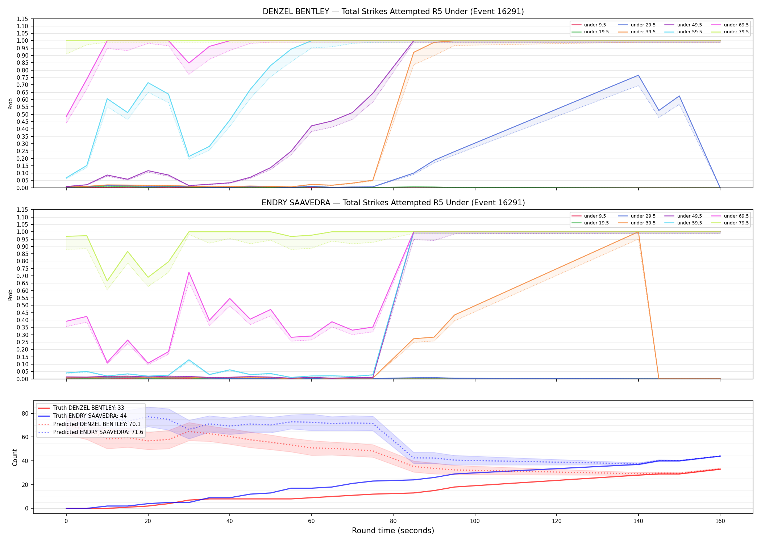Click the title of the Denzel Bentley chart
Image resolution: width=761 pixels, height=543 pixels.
(393, 12)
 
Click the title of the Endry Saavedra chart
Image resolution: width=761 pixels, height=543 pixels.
(393, 203)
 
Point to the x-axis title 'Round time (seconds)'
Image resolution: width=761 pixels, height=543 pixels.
(393, 531)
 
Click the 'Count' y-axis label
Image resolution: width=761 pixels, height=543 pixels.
(15, 457)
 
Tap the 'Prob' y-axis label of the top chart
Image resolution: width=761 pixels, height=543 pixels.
(11, 104)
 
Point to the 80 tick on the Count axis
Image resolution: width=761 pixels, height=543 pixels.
(25, 413)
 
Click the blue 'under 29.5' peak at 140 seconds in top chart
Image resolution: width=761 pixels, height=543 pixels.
(638, 75)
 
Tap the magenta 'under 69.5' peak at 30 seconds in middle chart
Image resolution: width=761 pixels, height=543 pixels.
(189, 272)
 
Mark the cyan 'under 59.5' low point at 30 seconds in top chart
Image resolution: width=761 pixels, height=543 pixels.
(189, 156)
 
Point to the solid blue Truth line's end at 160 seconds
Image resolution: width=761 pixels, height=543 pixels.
(720, 456)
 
